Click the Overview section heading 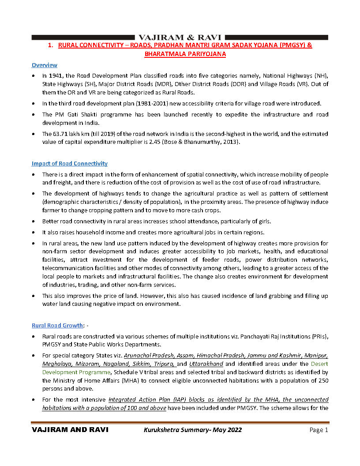[44, 65]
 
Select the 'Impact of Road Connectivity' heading [69, 164]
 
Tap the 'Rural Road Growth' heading [57, 326]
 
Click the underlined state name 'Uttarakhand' [206, 364]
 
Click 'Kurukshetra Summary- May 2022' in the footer [193, 430]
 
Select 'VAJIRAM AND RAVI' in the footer [70, 430]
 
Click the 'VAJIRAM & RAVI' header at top [180, 38]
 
